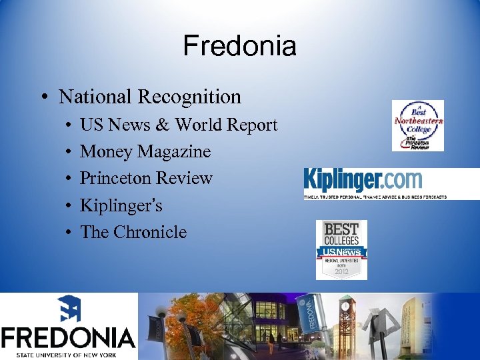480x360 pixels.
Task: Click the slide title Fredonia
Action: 239,46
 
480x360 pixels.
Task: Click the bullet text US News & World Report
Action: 179,125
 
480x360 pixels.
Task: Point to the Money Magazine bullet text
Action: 145,152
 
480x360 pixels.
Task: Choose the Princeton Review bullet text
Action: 146,179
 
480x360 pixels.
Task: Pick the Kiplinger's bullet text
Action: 121,205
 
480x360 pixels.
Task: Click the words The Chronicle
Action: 133,232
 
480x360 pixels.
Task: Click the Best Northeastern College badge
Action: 417,125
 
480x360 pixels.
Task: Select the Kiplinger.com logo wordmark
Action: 363,180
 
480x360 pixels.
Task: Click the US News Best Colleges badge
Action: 341,249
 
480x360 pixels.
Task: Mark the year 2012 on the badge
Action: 341,271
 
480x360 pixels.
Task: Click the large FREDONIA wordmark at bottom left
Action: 69,337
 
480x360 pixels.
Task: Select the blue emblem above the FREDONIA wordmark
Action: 69,309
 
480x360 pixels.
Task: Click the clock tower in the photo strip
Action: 347,320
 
